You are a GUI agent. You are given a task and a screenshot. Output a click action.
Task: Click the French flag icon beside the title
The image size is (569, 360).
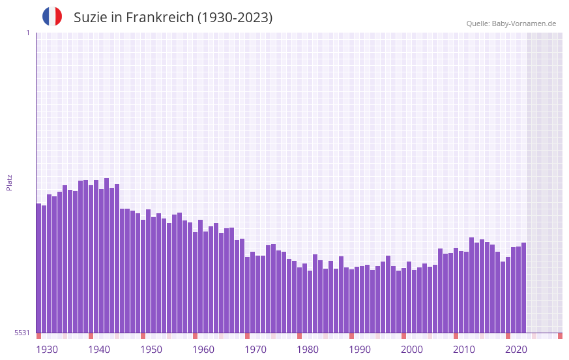coord(52,16)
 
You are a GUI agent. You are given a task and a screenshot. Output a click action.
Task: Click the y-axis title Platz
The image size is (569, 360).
coord(9,182)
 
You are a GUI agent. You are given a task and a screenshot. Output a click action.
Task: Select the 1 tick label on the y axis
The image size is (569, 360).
coord(27,33)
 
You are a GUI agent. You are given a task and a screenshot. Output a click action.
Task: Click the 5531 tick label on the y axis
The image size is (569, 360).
coord(22,333)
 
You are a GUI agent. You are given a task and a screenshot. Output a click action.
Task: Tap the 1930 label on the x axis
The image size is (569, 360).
coord(47,350)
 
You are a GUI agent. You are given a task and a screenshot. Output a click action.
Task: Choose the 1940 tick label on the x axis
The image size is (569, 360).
coord(99,350)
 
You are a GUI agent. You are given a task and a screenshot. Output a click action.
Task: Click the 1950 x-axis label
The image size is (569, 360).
coord(151,350)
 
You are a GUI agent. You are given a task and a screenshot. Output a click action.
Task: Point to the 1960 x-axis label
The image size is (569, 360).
coord(203,350)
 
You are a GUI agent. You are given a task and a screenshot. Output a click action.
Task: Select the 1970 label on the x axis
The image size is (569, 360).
coord(255,350)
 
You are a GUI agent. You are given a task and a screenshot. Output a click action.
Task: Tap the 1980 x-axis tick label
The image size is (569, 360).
coord(308,350)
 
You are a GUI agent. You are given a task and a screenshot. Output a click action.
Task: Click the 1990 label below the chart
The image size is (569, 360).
coord(360,350)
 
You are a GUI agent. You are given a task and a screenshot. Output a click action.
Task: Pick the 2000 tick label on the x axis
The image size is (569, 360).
coord(412,350)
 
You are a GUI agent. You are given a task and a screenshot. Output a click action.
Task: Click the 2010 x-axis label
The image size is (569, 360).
coord(464,350)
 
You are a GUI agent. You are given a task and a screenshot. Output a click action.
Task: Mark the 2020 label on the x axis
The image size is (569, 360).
coord(516,350)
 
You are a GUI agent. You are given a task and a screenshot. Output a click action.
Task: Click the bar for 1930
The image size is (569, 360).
coord(39,267)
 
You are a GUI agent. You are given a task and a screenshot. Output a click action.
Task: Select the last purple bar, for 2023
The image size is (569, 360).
coord(523,287)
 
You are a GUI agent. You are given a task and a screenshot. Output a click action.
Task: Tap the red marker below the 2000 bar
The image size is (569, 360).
coord(404,336)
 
